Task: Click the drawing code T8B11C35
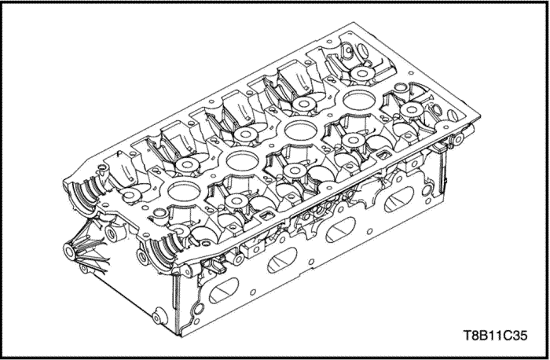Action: tap(495, 336)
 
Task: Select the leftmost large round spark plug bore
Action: tap(184, 192)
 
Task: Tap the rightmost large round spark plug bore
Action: tap(359, 99)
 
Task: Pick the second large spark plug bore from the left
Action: tap(242, 161)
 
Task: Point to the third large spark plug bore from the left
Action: tap(301, 130)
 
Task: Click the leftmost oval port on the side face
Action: tap(223, 290)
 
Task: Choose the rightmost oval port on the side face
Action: tap(399, 200)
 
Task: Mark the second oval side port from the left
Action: tap(282, 260)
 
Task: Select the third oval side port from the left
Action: tap(340, 230)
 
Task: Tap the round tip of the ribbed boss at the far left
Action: tap(69, 252)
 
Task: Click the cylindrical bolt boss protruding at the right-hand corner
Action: tap(458, 138)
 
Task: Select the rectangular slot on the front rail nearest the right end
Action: tap(384, 154)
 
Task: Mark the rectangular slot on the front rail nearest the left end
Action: tap(268, 215)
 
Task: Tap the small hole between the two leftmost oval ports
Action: tap(252, 292)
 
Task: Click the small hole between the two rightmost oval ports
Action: tap(370, 231)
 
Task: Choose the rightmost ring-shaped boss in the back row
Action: tap(363, 73)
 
